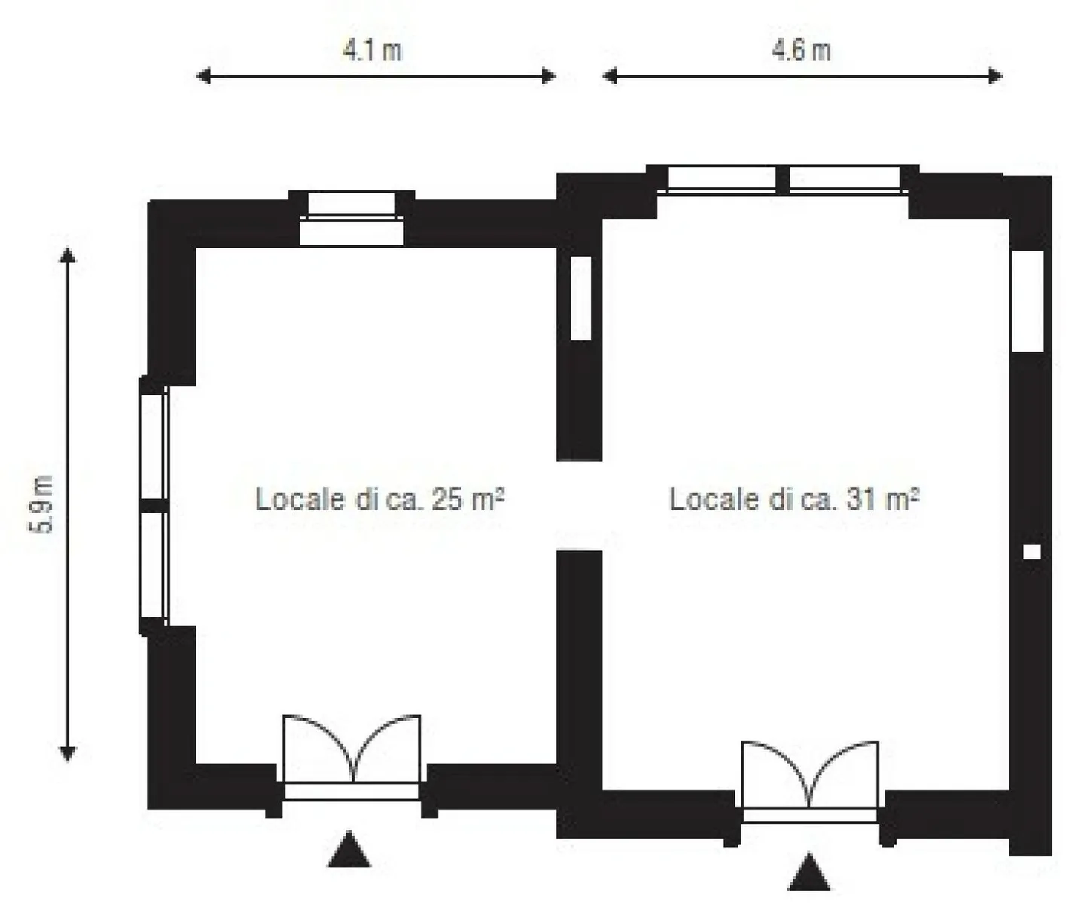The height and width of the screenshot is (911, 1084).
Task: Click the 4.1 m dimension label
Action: pyautogui.click(x=373, y=50)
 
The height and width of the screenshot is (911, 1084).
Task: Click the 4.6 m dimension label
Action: pyautogui.click(x=801, y=50)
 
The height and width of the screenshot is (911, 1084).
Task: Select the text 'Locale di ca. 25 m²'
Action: pyautogui.click(x=379, y=499)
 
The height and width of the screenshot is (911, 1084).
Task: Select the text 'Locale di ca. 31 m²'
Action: pyautogui.click(x=794, y=499)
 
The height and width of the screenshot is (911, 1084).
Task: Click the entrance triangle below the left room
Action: pyautogui.click(x=349, y=851)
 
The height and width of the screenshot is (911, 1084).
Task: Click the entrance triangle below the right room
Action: pyautogui.click(x=809, y=873)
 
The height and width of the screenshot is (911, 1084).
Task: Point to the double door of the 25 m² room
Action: pyautogui.click(x=352, y=757)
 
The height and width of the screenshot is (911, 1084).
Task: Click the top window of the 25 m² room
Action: pyautogui.click(x=352, y=218)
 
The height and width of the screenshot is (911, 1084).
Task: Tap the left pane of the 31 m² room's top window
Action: pyautogui.click(x=721, y=179)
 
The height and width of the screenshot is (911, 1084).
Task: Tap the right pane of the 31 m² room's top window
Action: pyautogui.click(x=844, y=179)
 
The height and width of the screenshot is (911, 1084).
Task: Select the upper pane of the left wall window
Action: pyautogui.click(x=153, y=445)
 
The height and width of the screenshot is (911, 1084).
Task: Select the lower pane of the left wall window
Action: pyautogui.click(x=153, y=565)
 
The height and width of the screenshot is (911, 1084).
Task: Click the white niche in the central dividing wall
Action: pyautogui.click(x=580, y=298)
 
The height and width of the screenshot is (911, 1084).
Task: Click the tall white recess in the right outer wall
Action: pyautogui.click(x=1028, y=300)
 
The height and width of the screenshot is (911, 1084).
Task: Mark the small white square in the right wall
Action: pyautogui.click(x=1031, y=552)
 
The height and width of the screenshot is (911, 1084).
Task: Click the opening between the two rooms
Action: pyautogui.click(x=579, y=505)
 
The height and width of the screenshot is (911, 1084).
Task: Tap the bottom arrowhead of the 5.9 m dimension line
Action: pyautogui.click(x=68, y=753)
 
